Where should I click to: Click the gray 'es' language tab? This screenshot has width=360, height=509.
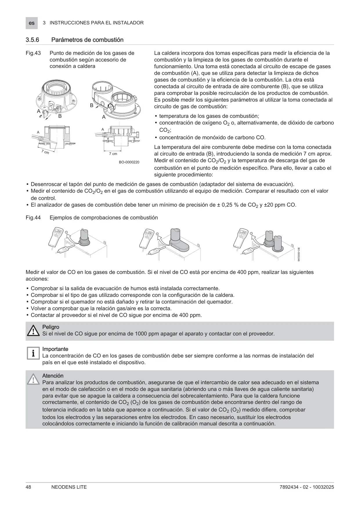pos(32,23)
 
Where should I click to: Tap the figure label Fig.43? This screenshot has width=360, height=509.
pos(33,53)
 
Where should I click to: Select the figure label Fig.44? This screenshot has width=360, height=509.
pos(33,218)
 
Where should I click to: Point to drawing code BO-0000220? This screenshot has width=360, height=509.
pos(129,162)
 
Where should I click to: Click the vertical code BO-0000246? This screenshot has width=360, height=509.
pos(298,254)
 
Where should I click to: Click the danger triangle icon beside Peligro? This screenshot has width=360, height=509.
pos(33,331)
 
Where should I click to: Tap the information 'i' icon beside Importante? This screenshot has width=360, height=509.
pos(33,353)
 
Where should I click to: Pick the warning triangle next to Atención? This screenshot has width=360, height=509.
pos(33,379)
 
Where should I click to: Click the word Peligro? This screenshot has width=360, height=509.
pos(51,327)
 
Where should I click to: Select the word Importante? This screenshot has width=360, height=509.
pos(55,349)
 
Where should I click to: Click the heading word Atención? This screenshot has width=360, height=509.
pos(53,376)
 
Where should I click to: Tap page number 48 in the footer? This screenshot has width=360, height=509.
pos(28,487)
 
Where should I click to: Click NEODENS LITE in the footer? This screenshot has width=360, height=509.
pos(67,487)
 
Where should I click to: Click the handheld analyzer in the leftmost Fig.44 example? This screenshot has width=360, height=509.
pos(57,237)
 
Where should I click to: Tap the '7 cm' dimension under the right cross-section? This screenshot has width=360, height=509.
pos(113,154)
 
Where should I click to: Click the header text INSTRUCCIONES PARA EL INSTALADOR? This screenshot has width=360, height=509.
pos(97,23)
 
